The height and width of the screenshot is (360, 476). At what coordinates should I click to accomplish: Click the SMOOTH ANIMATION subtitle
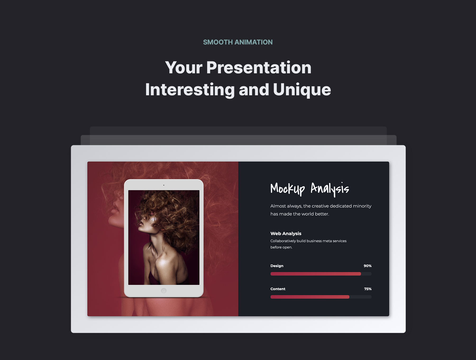(x=238, y=42)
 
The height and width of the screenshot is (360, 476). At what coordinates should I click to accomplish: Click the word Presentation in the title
(x=259, y=67)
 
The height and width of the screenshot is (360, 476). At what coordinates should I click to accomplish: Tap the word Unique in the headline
(x=302, y=89)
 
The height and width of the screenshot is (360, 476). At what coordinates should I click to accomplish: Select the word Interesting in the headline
(x=190, y=89)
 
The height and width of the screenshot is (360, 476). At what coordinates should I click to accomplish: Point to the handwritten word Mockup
(x=287, y=189)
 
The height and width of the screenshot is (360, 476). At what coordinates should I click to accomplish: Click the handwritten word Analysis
(x=330, y=189)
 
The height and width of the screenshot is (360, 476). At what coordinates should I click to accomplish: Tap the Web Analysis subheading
(x=286, y=233)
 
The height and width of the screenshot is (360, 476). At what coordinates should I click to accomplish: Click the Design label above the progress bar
(x=277, y=266)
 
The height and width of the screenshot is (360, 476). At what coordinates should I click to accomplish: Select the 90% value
(x=367, y=266)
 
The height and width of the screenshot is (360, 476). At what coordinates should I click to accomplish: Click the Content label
(x=278, y=289)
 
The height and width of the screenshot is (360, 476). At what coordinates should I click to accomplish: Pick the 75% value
(x=368, y=289)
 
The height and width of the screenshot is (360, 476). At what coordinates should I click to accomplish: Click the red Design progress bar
(x=315, y=274)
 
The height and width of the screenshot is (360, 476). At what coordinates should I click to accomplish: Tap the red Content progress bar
(x=310, y=297)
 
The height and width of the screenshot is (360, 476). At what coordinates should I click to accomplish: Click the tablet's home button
(x=164, y=291)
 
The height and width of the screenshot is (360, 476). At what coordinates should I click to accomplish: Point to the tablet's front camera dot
(x=164, y=185)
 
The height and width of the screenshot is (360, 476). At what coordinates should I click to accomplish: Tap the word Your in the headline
(x=184, y=67)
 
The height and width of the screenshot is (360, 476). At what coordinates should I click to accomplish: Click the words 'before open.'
(x=281, y=247)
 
